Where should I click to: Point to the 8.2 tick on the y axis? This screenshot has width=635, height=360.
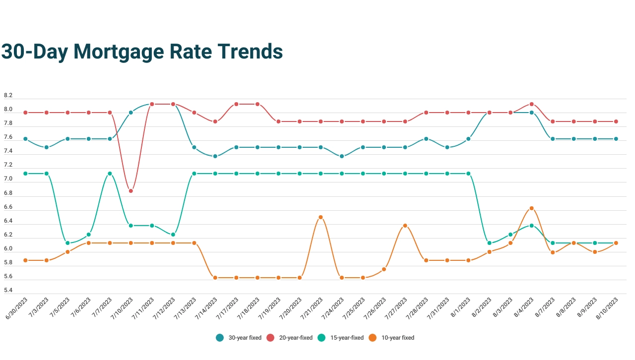coord(8,95)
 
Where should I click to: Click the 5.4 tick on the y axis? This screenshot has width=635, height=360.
coord(8,291)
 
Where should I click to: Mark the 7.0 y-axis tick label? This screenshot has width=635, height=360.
coord(8,179)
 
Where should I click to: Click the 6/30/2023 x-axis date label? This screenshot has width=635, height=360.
coord(16,309)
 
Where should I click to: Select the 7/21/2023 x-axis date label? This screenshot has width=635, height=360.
coord(311,309)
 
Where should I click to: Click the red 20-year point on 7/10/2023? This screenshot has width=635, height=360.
coord(131,191)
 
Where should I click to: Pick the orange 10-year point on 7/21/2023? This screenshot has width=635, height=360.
coord(320,217)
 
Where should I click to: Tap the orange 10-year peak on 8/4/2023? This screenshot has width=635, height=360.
coord(531,208)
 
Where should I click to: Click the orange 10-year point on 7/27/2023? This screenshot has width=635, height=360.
coord(405,226)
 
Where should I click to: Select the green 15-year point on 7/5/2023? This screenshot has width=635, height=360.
coord(67,243)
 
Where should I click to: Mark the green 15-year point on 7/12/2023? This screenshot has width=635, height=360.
coord(173,235)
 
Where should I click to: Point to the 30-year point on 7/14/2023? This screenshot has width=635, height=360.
coord(215,156)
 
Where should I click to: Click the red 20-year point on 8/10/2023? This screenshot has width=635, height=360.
coord(616,121)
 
